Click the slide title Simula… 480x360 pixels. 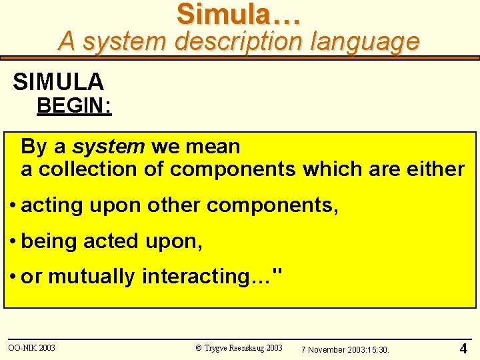point(238,15)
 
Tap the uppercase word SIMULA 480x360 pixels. point(59,82)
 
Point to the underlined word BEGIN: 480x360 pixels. point(74,106)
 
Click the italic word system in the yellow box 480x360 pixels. point(109,146)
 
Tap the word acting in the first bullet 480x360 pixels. point(49,205)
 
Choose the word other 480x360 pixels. point(173,205)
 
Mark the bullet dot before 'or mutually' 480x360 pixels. point(13,277)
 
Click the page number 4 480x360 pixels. point(463,348)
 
